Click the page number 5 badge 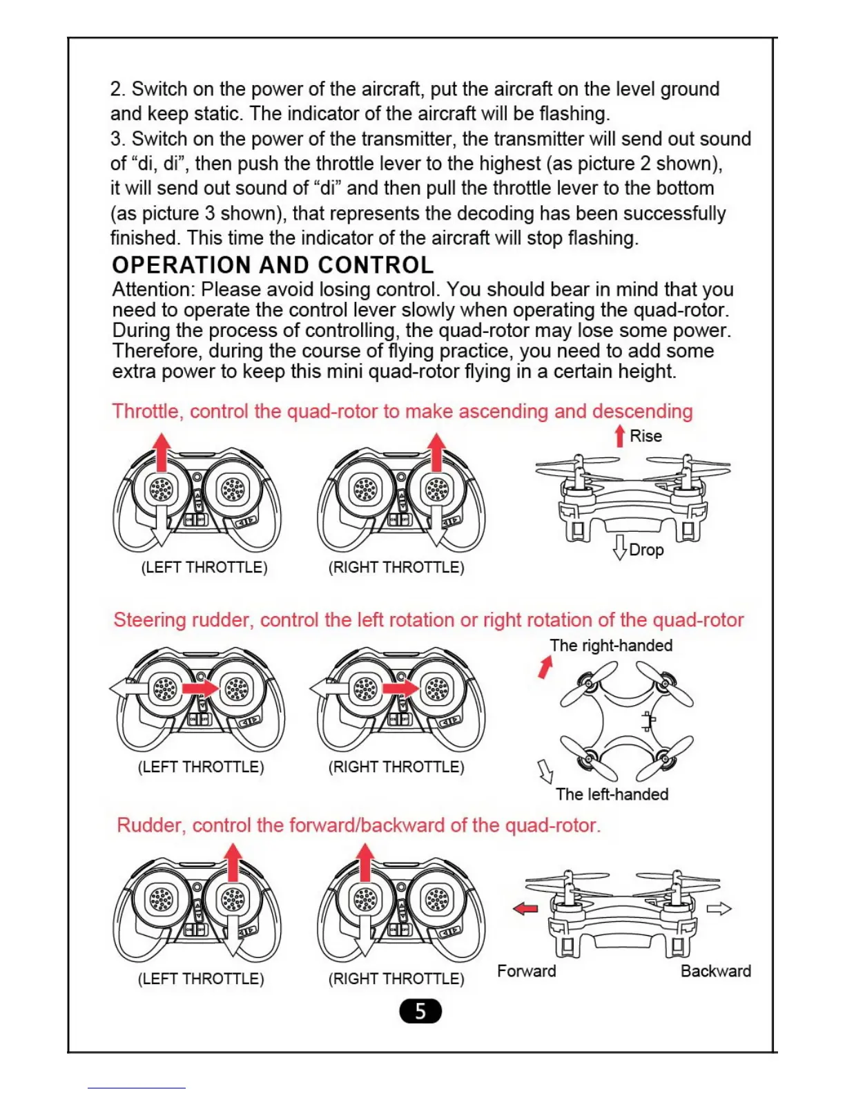point(420,1012)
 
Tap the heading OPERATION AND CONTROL point(273,265)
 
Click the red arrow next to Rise point(619,436)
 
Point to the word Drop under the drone point(646,550)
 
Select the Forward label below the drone point(526,971)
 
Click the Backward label point(715,971)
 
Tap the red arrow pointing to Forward point(525,908)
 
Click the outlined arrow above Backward point(719,908)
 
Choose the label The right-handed point(611,645)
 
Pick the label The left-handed point(612,794)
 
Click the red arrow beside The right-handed point(545,666)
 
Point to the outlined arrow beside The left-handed point(545,771)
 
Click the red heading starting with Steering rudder point(428,620)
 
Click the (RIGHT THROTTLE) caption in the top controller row point(396,567)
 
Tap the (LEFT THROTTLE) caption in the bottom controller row point(201,979)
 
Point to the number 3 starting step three point(116,139)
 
